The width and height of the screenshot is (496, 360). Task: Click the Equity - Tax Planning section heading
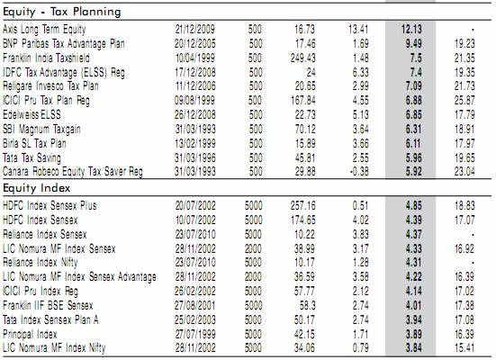click(x=62, y=12)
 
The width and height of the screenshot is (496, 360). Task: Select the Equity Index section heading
click(x=36, y=188)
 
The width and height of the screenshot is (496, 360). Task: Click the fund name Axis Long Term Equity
click(x=44, y=30)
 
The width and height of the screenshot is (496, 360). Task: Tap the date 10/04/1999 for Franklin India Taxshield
click(x=195, y=58)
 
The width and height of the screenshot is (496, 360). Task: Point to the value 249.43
click(x=303, y=58)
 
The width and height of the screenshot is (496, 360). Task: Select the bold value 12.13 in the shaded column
click(x=411, y=30)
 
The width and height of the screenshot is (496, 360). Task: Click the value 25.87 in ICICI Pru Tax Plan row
click(x=464, y=100)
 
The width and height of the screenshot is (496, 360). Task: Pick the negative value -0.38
click(x=359, y=172)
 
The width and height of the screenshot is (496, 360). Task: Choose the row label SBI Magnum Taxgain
click(x=41, y=129)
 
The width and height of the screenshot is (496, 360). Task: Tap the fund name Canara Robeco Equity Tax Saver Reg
click(x=73, y=172)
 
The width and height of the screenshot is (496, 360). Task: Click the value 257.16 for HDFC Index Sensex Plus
click(x=303, y=205)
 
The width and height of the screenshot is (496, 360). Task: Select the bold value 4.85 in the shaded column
click(x=413, y=205)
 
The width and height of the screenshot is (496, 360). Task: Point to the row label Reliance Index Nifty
click(x=41, y=263)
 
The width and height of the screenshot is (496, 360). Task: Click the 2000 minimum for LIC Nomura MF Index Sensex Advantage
click(x=253, y=277)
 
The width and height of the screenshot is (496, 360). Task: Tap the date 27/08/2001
click(x=195, y=305)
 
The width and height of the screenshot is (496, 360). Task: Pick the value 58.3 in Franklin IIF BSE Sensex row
click(x=307, y=305)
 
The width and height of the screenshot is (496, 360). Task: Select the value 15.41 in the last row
click(x=464, y=348)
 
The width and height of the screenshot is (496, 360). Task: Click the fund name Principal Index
click(x=30, y=334)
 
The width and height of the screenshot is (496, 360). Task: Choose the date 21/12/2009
click(x=195, y=30)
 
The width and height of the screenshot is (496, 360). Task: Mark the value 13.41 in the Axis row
click(x=358, y=30)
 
